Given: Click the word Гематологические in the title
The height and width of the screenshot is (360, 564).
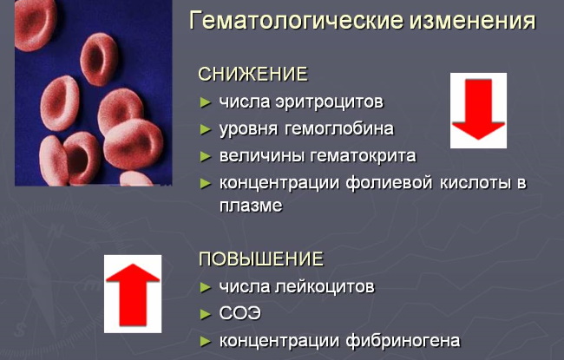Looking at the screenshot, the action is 296,21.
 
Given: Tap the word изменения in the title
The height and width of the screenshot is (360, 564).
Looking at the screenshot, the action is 473,21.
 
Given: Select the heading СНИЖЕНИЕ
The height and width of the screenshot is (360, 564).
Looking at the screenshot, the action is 252,74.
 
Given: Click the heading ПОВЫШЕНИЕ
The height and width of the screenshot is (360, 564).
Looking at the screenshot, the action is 261,259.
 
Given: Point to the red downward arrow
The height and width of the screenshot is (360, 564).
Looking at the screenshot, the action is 478,109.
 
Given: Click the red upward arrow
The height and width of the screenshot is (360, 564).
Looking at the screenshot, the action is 133,295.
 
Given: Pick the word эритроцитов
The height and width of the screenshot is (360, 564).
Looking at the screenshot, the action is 329,102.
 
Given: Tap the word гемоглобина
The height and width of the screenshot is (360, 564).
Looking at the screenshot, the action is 338,128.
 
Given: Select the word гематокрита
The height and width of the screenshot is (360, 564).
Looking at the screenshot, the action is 363,156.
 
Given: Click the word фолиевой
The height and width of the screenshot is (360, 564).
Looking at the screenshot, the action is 389,183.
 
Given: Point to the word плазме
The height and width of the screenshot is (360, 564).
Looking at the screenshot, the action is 251,206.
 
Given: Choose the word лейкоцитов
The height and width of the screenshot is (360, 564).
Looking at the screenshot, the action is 325,287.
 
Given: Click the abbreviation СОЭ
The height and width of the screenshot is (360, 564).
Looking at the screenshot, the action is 239,314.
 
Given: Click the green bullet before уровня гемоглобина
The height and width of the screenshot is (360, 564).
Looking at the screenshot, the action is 206,129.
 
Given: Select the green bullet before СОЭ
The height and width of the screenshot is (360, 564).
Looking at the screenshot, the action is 206,314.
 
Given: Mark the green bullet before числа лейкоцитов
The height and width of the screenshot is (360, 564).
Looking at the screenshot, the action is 206,288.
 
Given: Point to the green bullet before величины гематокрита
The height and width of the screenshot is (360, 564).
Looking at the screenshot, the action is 206,157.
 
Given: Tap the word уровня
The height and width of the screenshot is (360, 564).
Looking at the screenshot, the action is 248,129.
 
